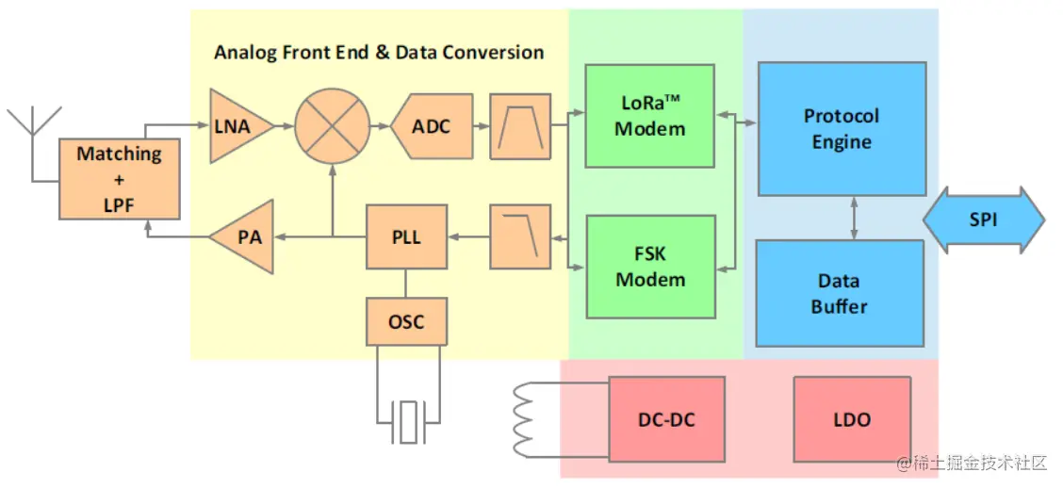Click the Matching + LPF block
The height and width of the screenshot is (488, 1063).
coord(119,179)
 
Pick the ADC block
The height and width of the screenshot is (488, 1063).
coord(433,126)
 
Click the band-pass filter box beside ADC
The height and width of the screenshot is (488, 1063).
coord(520,126)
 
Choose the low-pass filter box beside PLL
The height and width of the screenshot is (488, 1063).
coord(520,237)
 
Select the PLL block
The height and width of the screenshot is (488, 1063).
coord(406,237)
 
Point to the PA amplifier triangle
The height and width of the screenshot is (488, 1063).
coord(244,237)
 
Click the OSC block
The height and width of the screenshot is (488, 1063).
coord(406,321)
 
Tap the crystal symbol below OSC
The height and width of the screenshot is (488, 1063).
coord(407,420)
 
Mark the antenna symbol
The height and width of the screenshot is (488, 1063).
coord(33,132)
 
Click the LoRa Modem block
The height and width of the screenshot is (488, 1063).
coord(649,116)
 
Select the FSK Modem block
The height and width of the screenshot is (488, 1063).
coord(649,267)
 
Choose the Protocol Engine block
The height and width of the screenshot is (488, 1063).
coord(842,129)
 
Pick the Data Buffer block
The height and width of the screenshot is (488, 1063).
coord(839,293)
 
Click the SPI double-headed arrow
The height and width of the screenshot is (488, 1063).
coord(983,220)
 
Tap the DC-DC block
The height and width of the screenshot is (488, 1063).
coord(667,419)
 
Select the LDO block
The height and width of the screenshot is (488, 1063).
coord(852,419)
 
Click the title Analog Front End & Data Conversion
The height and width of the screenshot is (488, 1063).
coord(379,52)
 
